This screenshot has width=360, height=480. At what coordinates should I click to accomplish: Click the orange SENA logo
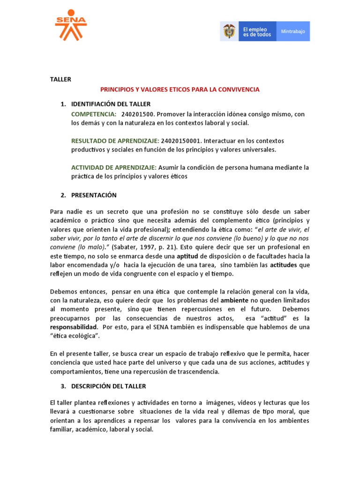click(71, 25)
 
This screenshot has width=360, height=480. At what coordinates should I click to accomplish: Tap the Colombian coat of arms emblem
click(230, 31)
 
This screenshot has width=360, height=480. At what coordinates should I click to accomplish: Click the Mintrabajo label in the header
click(293, 31)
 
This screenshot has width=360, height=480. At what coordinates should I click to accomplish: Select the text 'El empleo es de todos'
click(257, 31)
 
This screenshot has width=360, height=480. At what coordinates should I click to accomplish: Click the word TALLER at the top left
click(60, 79)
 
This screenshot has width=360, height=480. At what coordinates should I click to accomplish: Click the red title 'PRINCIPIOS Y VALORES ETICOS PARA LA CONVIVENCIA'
click(180, 89)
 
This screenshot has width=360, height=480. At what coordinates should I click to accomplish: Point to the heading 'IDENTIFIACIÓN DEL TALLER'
click(111, 104)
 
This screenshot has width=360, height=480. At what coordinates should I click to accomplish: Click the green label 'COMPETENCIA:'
click(94, 114)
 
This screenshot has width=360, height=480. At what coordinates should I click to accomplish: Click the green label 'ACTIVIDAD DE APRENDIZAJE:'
click(114, 167)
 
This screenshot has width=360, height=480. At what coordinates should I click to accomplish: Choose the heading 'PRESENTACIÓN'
click(94, 195)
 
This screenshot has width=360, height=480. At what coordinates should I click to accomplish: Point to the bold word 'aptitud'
click(188, 256)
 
